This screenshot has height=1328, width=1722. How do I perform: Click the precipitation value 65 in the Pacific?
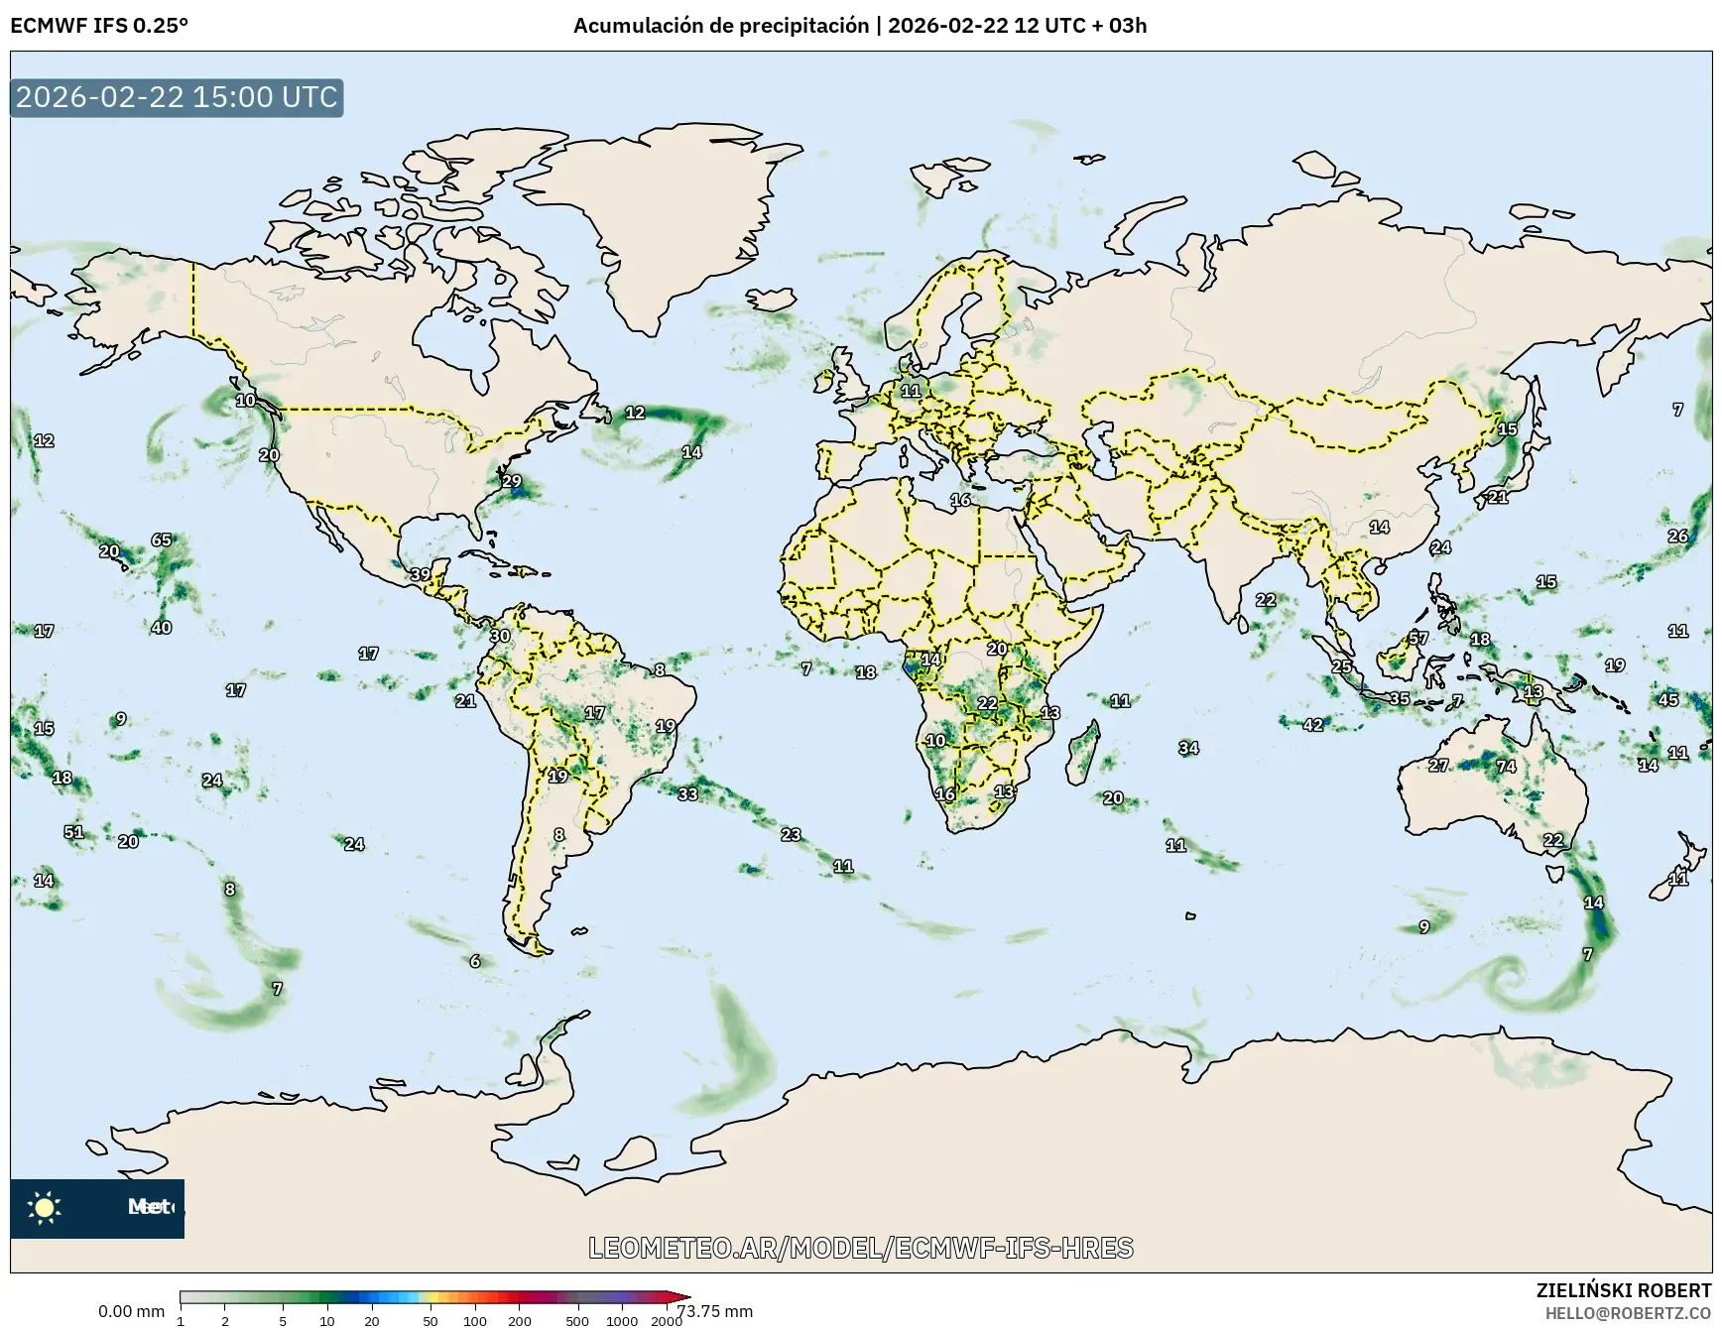click(162, 541)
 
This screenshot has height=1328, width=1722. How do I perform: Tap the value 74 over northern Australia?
click(1506, 767)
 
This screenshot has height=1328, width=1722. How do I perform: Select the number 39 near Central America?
click(421, 575)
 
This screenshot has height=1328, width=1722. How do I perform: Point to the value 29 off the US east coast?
click(511, 482)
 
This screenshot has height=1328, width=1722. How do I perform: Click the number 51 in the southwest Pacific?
click(74, 833)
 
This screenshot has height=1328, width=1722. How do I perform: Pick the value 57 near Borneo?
click(1418, 639)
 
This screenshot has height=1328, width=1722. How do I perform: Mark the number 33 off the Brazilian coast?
click(687, 794)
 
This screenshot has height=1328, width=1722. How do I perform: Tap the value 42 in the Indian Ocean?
click(1313, 726)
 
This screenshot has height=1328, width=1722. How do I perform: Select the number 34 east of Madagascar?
click(1188, 748)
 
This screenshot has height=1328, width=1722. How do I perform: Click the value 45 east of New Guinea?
click(1668, 700)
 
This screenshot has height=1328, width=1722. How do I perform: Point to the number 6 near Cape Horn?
click(475, 961)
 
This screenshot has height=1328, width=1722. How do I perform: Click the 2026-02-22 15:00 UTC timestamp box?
click(177, 97)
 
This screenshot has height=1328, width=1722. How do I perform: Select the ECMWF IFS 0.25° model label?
click(99, 26)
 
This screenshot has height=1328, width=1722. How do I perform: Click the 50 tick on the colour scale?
click(430, 1321)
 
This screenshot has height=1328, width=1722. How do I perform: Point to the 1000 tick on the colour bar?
click(622, 1321)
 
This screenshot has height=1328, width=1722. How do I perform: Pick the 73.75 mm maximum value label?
click(714, 1311)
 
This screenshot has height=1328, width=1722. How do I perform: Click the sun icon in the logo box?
click(45, 1208)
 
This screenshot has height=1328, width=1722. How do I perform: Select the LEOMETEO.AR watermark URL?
click(860, 1248)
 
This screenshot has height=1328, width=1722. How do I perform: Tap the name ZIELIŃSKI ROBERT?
click(1623, 1290)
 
